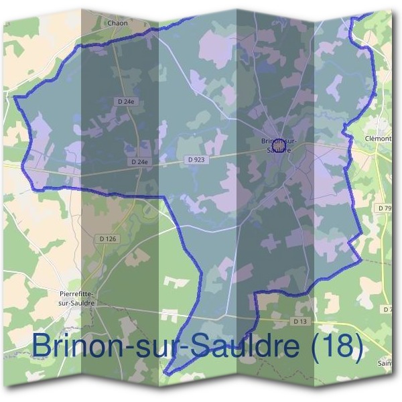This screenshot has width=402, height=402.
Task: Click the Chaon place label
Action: [x=117, y=22]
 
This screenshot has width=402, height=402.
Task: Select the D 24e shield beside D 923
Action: [x=139, y=161]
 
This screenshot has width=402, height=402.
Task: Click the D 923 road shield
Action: [x=195, y=159]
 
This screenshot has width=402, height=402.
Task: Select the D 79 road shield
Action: [x=385, y=209]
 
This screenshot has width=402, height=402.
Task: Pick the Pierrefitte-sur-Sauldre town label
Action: [x=77, y=298]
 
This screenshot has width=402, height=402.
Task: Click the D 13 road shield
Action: [x=301, y=322]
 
